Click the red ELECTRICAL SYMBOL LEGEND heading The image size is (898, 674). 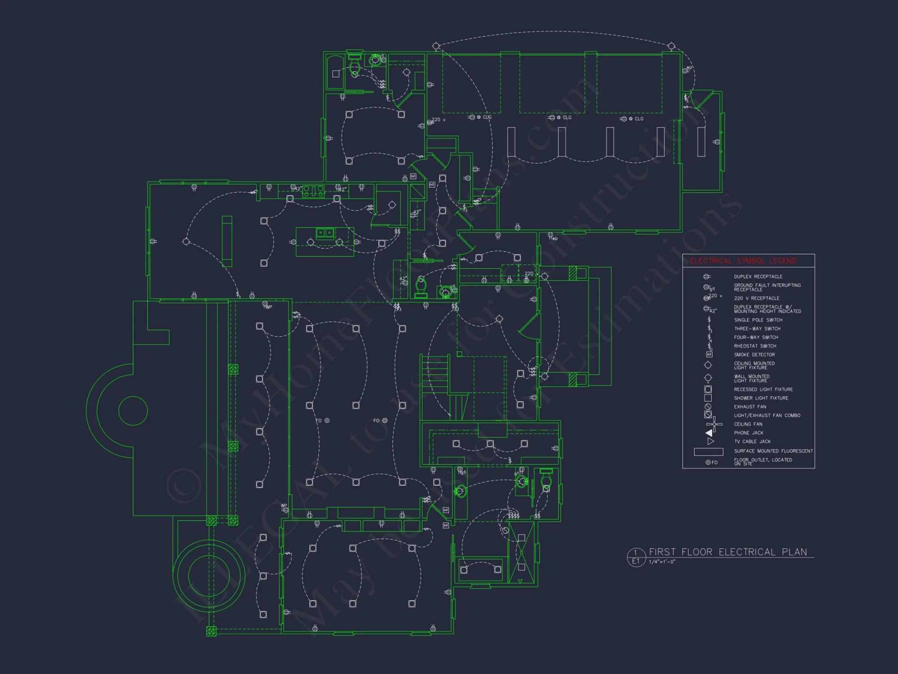pos(743,261)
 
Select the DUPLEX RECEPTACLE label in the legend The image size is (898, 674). pos(758,277)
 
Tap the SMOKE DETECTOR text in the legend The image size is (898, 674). pos(754,355)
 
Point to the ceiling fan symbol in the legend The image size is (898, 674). pos(714,424)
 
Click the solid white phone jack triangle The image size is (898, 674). pos(709,433)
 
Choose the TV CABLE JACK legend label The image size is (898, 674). pos(752,442)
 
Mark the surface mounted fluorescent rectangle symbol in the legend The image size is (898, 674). pos(709,452)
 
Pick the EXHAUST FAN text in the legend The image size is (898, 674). pos(750,407)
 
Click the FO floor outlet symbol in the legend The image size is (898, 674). pos(711,462)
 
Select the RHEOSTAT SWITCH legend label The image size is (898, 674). pos(755,346)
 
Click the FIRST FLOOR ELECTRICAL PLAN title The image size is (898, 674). pos(727,552)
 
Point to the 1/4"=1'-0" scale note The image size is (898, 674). pos(662,562)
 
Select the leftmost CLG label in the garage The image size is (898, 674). pos(487,117)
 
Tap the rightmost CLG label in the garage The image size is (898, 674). pos(639,119)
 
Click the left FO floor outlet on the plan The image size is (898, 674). pos(323,421)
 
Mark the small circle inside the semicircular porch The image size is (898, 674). pos(133,411)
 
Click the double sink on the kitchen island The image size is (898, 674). pos(325,233)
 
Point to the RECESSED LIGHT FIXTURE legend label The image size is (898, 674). pos(763,390)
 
